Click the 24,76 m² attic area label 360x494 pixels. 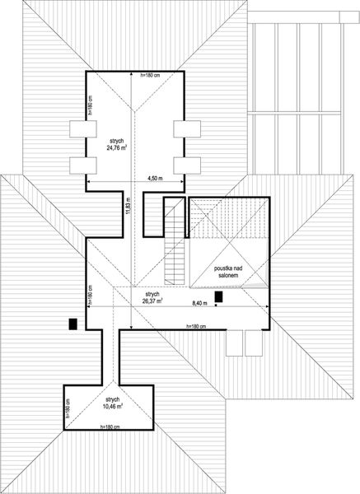115,146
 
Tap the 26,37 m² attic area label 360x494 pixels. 152,297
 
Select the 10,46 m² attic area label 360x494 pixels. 113,403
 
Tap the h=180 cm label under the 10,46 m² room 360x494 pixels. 110,427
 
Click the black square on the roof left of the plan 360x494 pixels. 75,324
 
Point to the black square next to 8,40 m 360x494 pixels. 218,296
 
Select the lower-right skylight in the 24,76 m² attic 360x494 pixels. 186,163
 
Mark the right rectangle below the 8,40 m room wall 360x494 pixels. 255,341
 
